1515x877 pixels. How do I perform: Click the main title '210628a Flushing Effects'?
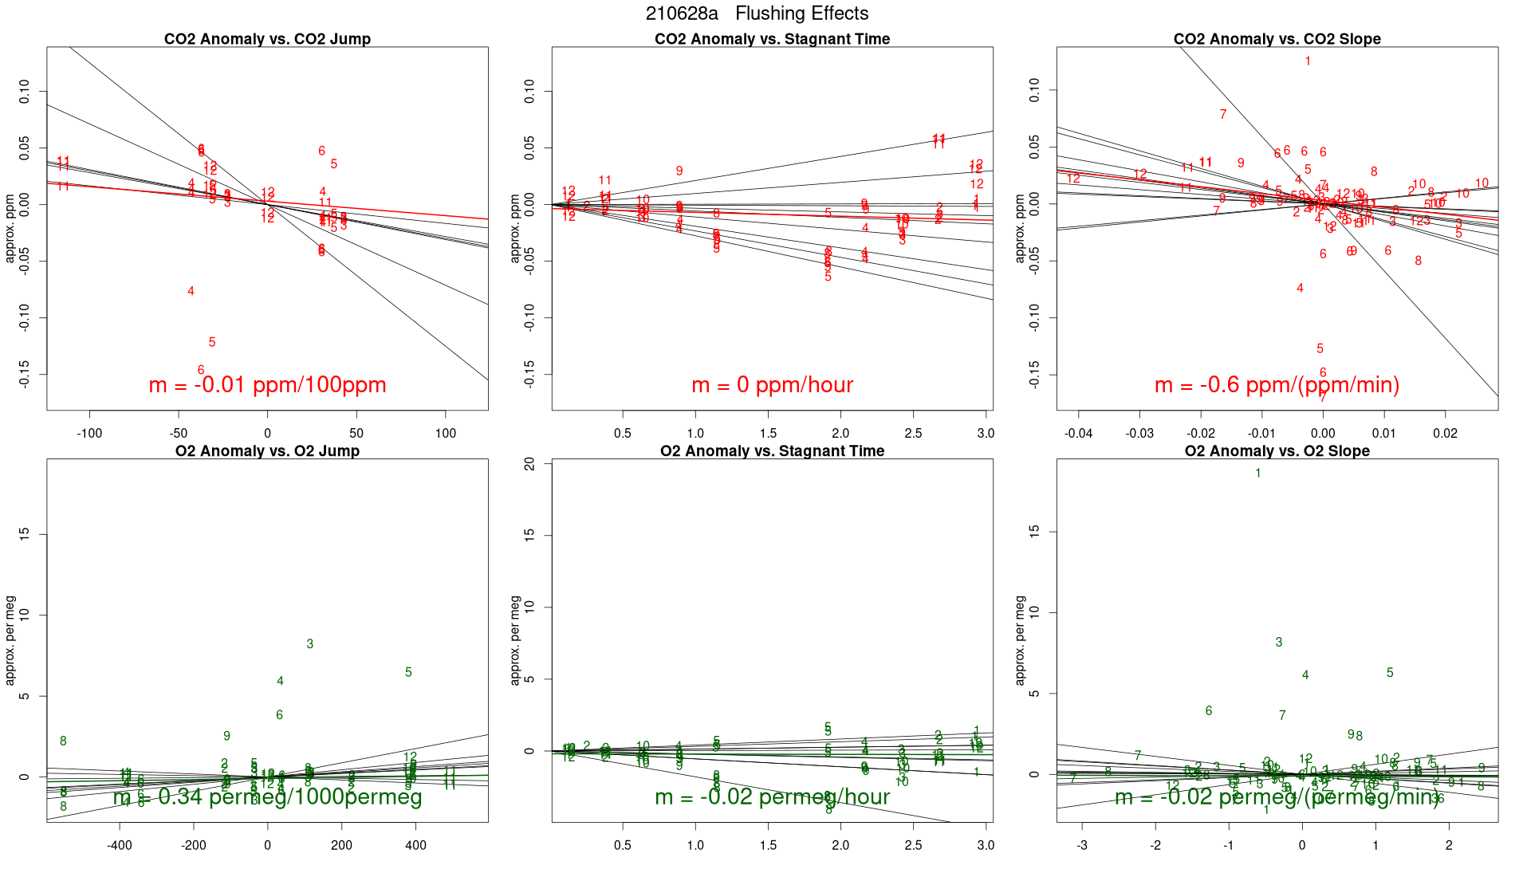[x=757, y=14]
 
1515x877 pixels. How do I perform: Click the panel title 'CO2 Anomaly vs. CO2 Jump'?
[x=267, y=39]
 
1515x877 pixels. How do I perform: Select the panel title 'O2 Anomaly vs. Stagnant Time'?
[x=772, y=451]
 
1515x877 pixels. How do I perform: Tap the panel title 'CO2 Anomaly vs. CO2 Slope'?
[x=1277, y=39]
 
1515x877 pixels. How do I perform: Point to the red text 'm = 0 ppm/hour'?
[x=772, y=385]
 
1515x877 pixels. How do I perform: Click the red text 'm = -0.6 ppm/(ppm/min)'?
[x=1277, y=385]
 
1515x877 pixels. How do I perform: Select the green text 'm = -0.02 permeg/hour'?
[x=772, y=796]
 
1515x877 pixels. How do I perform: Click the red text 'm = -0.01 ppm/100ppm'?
[x=267, y=385]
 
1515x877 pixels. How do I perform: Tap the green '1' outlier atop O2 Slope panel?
[x=1258, y=474]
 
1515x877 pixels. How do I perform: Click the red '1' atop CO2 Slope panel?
[x=1308, y=61]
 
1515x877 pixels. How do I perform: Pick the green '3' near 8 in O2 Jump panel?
[x=310, y=644]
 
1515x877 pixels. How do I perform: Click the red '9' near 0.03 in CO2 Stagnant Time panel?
[x=679, y=171]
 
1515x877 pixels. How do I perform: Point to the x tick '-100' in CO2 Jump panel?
[x=89, y=433]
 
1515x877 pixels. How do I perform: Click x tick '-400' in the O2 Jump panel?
[x=120, y=845]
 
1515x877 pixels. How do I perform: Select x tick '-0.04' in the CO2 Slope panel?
[x=1078, y=433]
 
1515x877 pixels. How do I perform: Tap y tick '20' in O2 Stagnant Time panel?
[x=529, y=463]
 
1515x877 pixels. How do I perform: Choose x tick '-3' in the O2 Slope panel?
[x=1082, y=845]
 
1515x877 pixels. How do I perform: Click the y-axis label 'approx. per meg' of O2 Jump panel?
[x=10, y=640]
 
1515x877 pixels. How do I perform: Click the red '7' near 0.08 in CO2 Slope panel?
[x=1223, y=115]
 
